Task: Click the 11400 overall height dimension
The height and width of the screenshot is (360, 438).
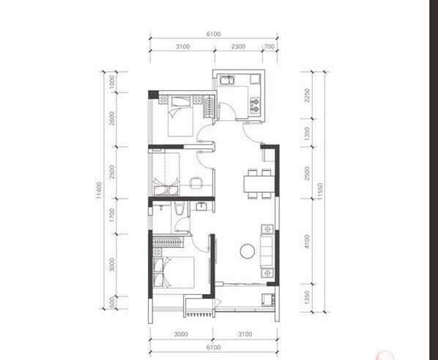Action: pos(99,190)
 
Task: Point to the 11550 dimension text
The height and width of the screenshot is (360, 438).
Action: pos(320,191)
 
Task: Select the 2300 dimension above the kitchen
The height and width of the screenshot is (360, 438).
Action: pos(238,47)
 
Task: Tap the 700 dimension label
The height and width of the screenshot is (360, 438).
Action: pos(270,47)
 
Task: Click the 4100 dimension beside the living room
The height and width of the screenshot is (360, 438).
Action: pos(308,242)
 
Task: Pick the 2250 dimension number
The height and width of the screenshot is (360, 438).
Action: pos(308,95)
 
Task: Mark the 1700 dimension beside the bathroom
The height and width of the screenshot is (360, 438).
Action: pos(112,216)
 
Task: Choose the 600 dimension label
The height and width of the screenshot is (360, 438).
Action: pos(112,302)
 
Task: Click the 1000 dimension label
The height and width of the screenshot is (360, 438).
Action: pos(112,82)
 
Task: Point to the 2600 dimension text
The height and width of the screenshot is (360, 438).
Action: pos(112,118)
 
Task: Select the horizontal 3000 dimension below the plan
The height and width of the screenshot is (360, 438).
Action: pos(181,334)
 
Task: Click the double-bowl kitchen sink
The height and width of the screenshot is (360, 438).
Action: pos(228,80)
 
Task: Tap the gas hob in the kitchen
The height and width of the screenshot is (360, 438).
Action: pos(255,105)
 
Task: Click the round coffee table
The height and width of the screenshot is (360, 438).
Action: pos(248,251)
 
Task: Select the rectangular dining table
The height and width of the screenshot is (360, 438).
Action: pos(259,184)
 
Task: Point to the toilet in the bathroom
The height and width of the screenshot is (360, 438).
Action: pos(179,209)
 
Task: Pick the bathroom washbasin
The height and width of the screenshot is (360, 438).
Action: pos(201,207)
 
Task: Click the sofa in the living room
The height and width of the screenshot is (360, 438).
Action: pos(267,251)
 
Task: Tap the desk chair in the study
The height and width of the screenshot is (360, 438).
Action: pos(196,183)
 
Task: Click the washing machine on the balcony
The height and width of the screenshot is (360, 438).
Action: pos(267,300)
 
